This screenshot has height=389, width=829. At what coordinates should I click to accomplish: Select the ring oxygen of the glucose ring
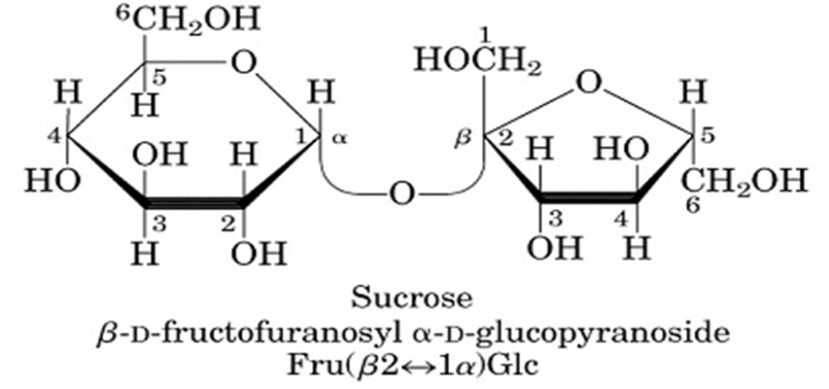click(245, 64)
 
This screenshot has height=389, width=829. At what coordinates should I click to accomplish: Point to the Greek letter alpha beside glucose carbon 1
click(338, 139)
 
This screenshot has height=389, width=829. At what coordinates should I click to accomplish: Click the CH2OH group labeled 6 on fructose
click(744, 181)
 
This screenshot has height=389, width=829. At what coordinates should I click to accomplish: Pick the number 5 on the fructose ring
click(708, 137)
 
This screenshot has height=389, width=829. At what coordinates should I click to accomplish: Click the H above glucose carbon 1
click(321, 93)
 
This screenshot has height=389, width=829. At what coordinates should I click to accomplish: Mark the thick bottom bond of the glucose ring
click(193, 204)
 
